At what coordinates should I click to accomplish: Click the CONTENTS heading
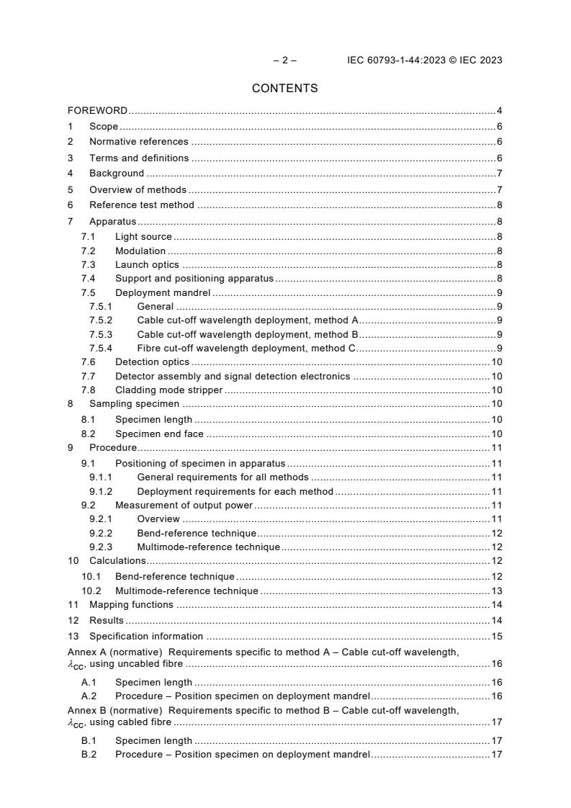pyautogui.click(x=284, y=89)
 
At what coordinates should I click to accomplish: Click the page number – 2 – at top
pyautogui.click(x=284, y=60)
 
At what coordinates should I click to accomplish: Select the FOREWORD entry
pyautogui.click(x=97, y=111)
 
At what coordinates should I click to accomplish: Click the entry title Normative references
pyautogui.click(x=138, y=142)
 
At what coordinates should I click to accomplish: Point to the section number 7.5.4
pyautogui.click(x=101, y=349)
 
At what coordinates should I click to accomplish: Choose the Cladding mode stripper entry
pyautogui.click(x=168, y=390)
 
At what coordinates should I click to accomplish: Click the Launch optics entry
pyautogui.click(x=147, y=265)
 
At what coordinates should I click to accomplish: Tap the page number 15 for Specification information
pyautogui.click(x=496, y=636)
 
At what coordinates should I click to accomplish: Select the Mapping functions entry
pyautogui.click(x=131, y=605)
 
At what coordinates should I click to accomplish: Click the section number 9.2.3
pyautogui.click(x=101, y=547)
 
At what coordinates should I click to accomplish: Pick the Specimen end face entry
pyautogui.click(x=159, y=434)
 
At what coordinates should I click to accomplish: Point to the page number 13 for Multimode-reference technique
pyautogui.click(x=496, y=591)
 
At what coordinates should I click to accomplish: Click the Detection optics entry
pyautogui.click(x=152, y=362)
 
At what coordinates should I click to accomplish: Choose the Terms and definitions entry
pyautogui.click(x=139, y=158)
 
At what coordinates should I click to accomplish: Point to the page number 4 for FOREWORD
pyautogui.click(x=499, y=111)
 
